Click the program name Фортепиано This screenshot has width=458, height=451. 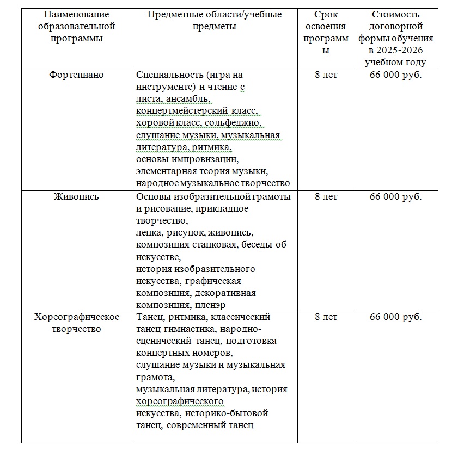(76, 75)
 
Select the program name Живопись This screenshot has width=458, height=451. (76, 196)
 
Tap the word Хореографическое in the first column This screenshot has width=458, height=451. (76, 317)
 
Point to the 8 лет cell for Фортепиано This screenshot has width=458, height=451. (326, 75)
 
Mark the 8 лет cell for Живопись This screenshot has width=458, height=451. (326, 196)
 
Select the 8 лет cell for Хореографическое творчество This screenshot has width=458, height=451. (326, 317)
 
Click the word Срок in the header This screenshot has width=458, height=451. (326, 15)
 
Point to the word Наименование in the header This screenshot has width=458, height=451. (76, 15)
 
